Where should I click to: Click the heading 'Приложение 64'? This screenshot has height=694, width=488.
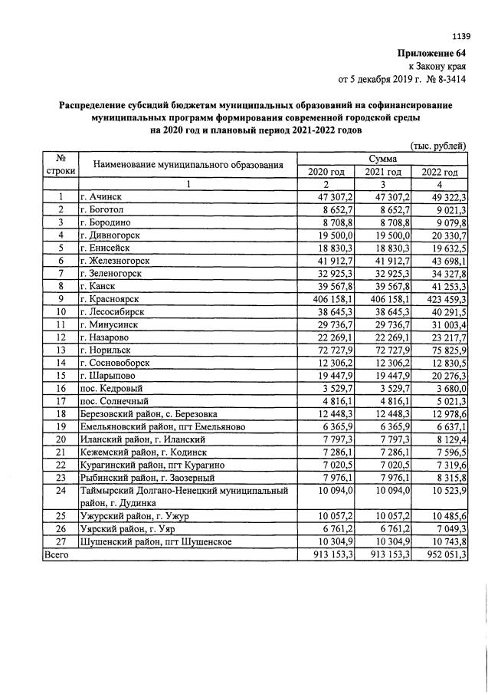(x=431, y=53)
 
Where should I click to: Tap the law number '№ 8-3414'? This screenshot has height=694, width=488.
(x=444, y=78)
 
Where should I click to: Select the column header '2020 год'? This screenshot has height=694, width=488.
(x=326, y=172)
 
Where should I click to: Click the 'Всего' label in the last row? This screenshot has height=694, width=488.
(x=57, y=554)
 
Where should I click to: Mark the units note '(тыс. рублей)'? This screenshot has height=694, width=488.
(x=438, y=146)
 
